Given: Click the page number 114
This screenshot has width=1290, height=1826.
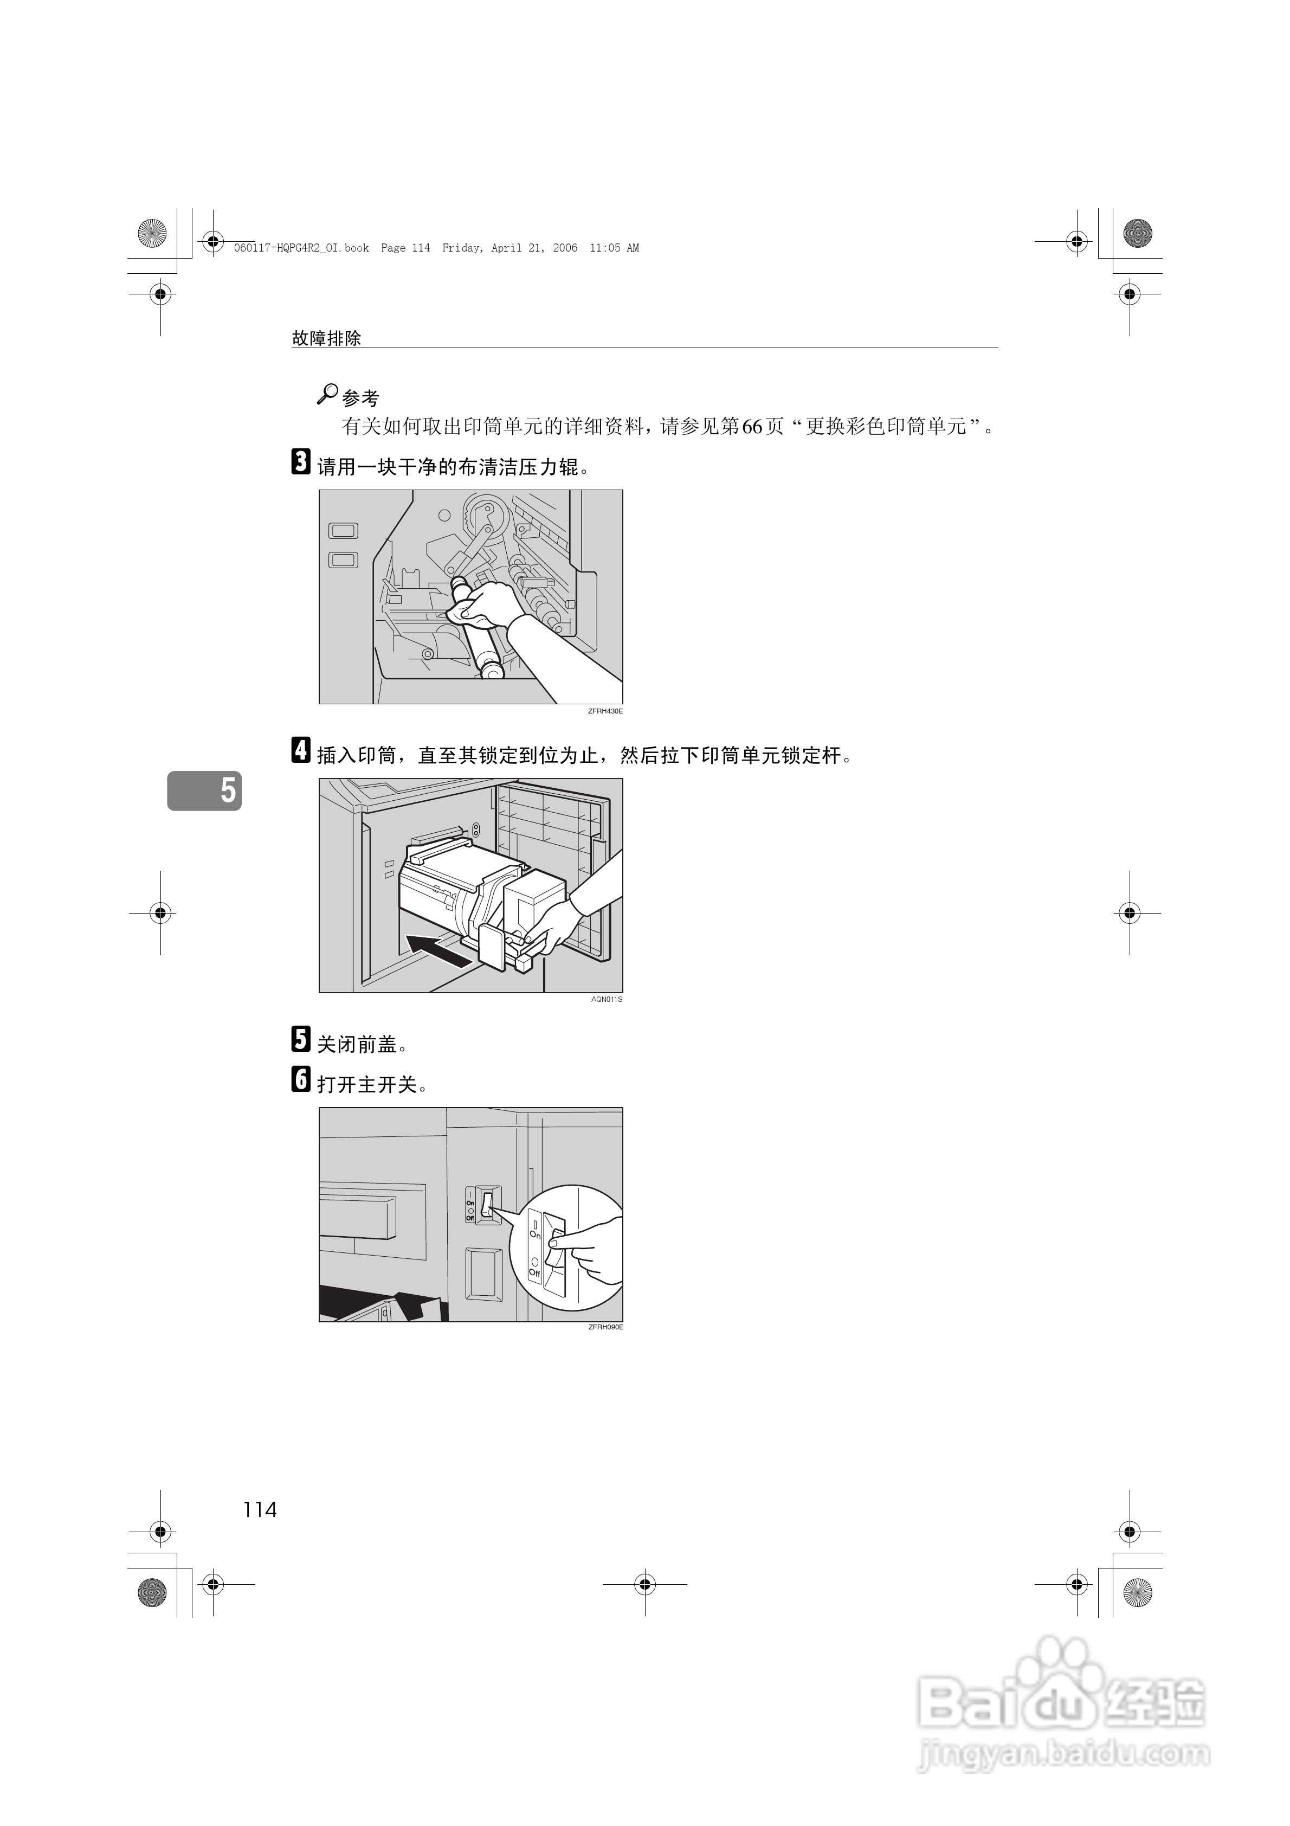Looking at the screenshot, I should [x=260, y=1509].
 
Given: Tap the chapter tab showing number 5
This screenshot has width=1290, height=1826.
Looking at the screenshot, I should [x=204, y=790].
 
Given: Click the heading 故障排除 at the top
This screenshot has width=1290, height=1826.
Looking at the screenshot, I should [x=327, y=338].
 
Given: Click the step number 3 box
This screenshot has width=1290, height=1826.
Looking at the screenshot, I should [x=301, y=462].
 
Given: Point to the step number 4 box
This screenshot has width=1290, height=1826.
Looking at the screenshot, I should [x=301, y=751].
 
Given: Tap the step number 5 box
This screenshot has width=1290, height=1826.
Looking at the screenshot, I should [x=301, y=1039].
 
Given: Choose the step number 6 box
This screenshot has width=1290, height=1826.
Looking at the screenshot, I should [x=301, y=1079].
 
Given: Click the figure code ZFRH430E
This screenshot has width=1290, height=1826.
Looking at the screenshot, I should [x=605, y=711].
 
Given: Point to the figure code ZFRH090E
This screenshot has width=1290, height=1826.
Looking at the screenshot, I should [x=605, y=1327].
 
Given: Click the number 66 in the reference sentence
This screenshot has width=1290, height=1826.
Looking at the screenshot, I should [x=752, y=427].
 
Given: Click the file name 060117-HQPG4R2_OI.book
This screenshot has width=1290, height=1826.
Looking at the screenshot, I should [x=301, y=248].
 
